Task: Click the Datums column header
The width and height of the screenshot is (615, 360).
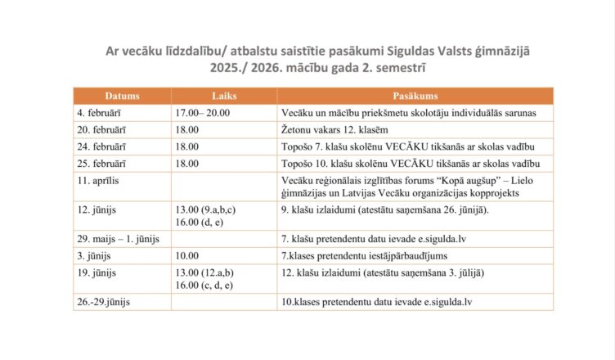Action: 121,96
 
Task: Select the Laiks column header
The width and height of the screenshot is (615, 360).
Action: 223,96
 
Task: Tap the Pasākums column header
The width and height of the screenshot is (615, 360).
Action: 415,96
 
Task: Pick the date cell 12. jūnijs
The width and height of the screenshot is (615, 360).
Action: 100,209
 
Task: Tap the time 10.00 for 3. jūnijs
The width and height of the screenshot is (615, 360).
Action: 187,254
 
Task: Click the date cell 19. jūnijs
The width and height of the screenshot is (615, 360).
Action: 100,272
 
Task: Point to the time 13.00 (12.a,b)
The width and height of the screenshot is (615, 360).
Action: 204,272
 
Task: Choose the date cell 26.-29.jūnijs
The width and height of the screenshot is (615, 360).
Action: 104,301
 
